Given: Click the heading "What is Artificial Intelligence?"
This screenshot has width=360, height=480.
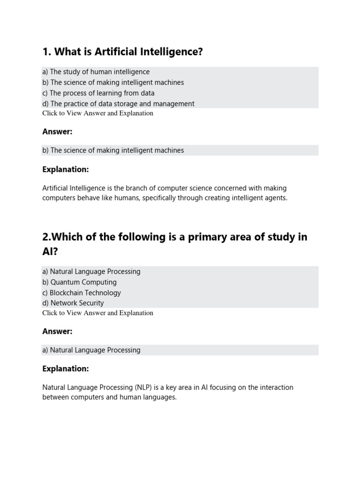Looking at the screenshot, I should coord(123,52).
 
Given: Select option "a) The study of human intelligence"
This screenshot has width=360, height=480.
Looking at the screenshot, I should coord(96,72).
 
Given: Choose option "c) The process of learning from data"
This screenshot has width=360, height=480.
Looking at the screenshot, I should coord(98,93).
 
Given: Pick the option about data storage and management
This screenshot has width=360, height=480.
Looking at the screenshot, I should coord(119,104).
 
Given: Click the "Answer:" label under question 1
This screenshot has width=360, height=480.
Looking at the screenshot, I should coord(57,132).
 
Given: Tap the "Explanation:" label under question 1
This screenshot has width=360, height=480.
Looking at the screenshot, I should coord(66,169).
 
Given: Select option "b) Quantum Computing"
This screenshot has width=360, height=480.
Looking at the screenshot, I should coord(79,282).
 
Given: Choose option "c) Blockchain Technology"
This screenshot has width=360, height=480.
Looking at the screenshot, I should coord(82,292).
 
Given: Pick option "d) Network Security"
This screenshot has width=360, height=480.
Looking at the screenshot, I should coord(73,303).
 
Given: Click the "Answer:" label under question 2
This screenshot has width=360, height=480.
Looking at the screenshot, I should coord(57,331).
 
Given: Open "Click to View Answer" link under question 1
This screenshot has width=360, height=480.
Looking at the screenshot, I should coord(97,113).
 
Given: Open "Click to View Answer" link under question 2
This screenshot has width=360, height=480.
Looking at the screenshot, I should coord(97,313).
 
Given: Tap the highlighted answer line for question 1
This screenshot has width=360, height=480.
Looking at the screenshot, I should coord(113,150).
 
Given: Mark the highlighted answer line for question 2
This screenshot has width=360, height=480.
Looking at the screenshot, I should coord(91,350).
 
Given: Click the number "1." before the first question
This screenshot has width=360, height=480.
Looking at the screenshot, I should coord(46,52).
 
